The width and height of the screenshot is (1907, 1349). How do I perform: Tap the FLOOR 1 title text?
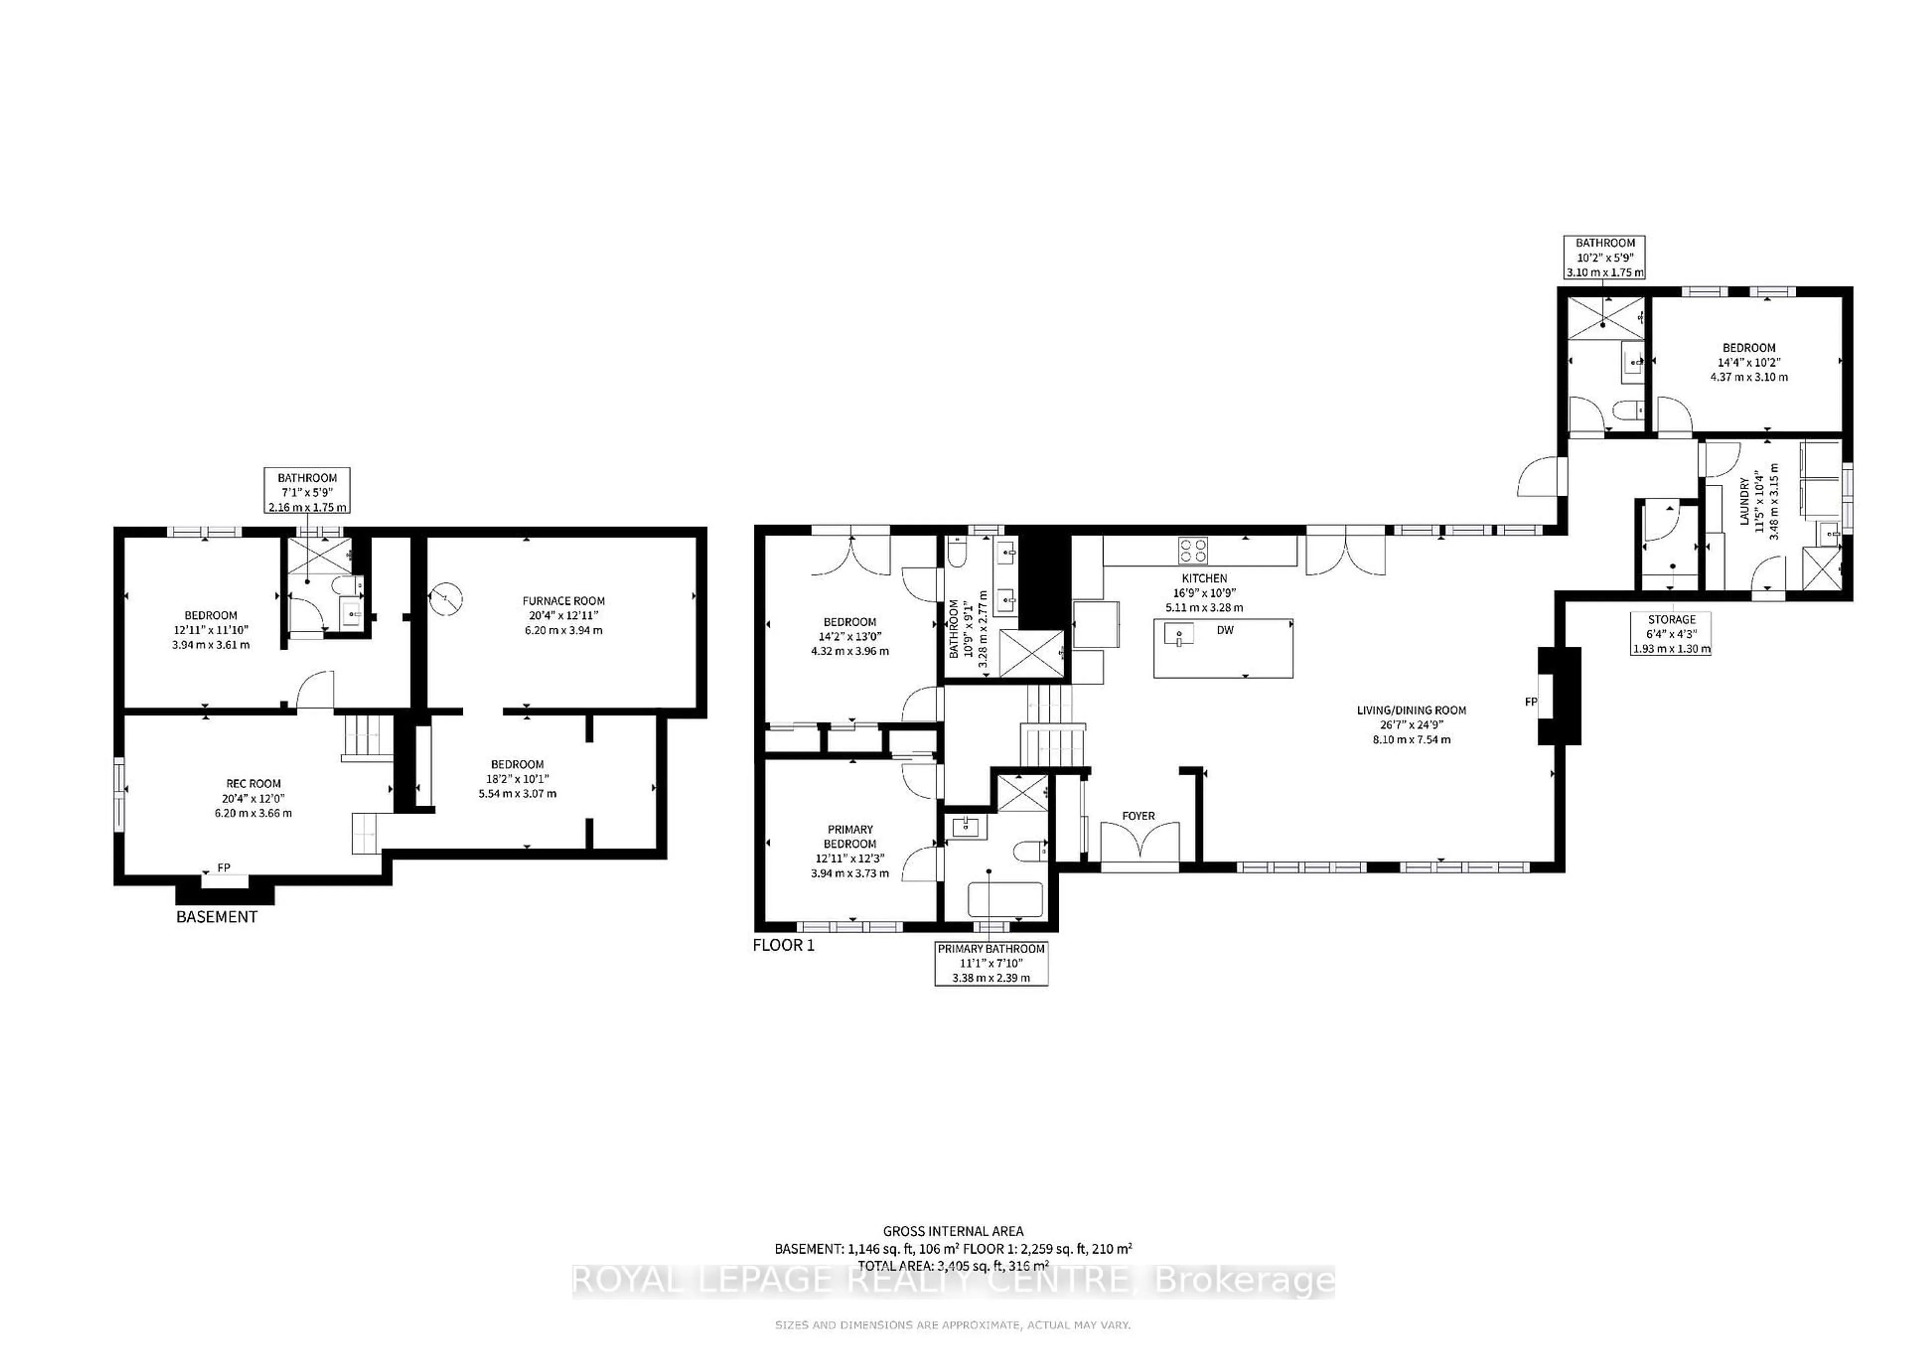pos(783,945)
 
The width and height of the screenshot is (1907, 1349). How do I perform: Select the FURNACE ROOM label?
pos(563,600)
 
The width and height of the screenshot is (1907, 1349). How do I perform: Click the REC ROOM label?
pos(253,783)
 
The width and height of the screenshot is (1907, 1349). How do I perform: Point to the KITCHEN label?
pos(1204,578)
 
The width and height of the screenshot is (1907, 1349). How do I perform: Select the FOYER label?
pos(1138,816)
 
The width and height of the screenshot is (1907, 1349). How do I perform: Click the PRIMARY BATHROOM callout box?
pos(991,963)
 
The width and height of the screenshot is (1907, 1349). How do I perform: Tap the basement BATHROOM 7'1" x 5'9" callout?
pos(307,492)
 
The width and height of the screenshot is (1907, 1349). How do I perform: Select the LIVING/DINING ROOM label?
pos(1411,710)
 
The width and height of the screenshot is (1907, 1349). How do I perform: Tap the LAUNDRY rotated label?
pos(1744,501)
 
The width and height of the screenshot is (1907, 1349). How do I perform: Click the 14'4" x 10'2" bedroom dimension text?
pos(1749,362)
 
